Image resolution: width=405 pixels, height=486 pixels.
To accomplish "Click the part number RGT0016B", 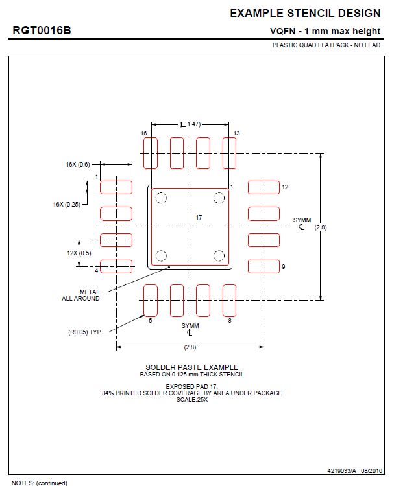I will coord(42,30).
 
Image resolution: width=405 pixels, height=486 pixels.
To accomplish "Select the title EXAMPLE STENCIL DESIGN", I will coord(305,13).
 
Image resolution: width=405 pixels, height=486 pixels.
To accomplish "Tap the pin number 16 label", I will coord(144,133).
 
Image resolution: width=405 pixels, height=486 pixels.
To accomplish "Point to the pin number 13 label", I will coord(236,133).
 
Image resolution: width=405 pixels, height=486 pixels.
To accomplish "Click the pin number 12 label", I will coord(284,187).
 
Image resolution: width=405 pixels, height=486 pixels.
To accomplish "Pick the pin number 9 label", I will coord(283,266).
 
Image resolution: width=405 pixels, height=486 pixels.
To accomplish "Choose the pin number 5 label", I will coord(150,320).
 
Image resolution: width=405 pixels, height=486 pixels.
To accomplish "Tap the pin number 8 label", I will coord(229,320).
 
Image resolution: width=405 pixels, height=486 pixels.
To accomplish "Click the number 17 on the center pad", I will coord(199,218).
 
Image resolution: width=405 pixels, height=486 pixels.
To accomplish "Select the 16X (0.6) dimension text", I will coord(78,165).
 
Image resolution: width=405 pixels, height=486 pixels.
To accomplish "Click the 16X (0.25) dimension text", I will coord(67,204).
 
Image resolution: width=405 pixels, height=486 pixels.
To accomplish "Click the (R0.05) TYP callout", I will coord(84,332).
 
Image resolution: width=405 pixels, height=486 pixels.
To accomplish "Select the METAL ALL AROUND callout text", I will coord(81,295).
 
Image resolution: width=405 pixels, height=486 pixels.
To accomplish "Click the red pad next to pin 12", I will coord(264,187).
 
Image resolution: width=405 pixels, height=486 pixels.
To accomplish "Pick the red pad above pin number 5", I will coord(151,300).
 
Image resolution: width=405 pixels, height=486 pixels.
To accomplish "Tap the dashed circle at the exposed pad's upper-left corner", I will coord(162,198).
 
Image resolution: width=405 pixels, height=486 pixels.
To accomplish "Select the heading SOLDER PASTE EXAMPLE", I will coord(191,367).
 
